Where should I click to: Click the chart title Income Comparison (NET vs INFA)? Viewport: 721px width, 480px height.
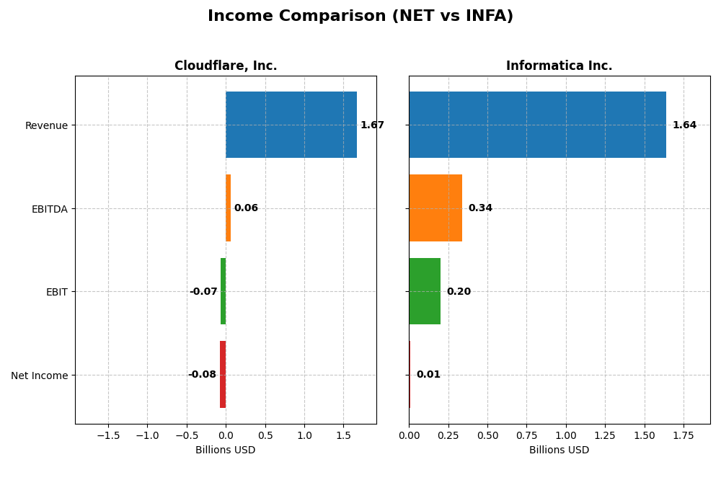point(360,16)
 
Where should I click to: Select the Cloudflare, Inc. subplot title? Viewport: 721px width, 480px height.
point(226,66)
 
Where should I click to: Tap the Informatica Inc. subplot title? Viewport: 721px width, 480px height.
point(559,66)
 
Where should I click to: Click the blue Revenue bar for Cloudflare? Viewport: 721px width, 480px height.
point(291,125)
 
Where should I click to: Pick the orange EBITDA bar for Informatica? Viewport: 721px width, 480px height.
point(435,208)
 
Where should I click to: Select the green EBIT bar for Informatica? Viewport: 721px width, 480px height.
point(425,291)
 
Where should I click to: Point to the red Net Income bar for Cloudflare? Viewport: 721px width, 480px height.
point(223,375)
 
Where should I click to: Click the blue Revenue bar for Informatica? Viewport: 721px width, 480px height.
point(537,125)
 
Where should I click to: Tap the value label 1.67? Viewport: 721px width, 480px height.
point(372,125)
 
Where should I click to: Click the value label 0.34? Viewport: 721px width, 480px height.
point(480,208)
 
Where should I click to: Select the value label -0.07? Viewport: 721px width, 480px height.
point(203,292)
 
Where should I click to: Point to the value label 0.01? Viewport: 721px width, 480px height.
point(428,375)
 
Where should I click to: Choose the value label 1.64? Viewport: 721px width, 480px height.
point(684,125)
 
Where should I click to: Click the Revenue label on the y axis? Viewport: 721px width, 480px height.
point(46,126)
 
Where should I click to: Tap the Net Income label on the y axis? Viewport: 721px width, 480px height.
point(39,375)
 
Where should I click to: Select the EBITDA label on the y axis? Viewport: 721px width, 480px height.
point(49,209)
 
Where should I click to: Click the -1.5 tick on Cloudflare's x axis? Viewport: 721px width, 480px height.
point(108,436)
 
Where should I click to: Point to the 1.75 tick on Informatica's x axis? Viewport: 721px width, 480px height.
point(684,436)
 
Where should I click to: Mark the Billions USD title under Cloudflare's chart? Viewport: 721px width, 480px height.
point(226,450)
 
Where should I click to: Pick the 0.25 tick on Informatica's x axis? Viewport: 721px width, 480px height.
point(448,436)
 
